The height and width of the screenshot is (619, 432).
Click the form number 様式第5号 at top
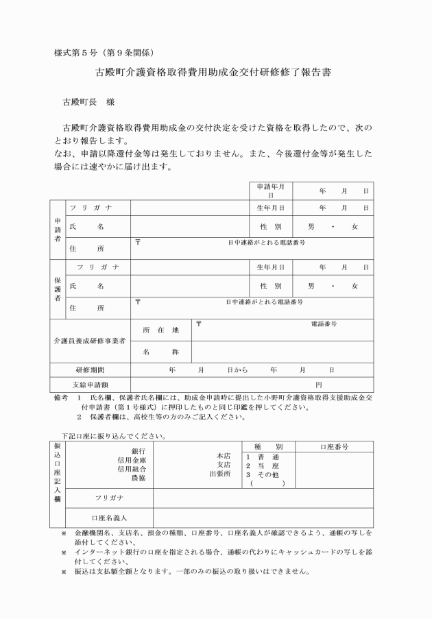77,53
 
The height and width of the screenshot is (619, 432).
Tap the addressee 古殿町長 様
88,102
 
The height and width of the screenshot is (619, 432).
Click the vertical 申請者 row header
57,230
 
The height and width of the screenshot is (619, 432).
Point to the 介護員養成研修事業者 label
90,341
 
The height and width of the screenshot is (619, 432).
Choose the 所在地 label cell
160,330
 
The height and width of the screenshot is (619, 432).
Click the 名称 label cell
160,352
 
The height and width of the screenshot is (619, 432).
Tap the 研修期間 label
90,369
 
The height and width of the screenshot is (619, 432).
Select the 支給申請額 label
90,385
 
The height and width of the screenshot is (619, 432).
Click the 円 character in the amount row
318,385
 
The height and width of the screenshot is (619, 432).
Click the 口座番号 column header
334,446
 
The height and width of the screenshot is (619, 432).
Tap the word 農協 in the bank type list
138,478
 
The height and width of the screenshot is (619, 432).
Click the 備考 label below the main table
60,397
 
